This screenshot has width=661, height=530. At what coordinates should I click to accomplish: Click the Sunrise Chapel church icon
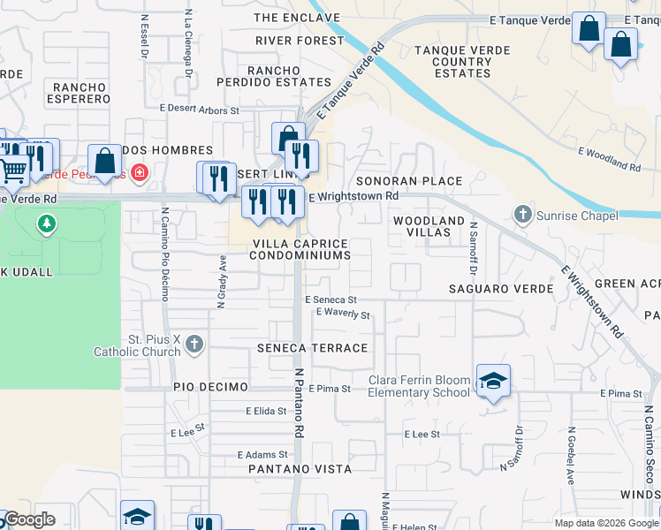click(x=522, y=214)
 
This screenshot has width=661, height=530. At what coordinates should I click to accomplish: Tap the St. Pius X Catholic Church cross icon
click(x=195, y=344)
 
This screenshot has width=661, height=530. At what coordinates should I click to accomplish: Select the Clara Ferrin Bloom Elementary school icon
click(x=494, y=381)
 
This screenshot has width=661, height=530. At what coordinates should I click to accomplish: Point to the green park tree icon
click(x=45, y=225)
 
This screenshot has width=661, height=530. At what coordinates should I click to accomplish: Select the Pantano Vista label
click(x=300, y=469)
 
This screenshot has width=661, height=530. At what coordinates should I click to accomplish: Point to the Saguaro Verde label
click(x=501, y=289)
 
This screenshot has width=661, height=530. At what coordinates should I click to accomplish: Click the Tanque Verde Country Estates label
click(x=462, y=62)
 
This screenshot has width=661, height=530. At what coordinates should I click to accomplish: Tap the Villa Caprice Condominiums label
click(x=300, y=249)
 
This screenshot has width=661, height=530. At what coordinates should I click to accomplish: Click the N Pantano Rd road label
click(x=300, y=403)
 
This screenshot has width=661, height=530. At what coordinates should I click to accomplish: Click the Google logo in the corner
click(x=29, y=519)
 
